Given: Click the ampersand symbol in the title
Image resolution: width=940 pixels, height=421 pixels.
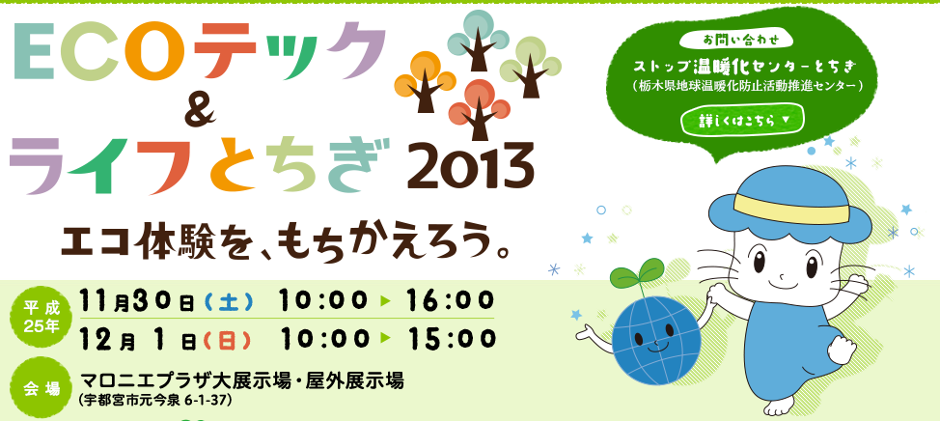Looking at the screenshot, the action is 201,113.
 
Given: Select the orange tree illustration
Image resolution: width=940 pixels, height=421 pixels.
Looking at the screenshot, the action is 425,81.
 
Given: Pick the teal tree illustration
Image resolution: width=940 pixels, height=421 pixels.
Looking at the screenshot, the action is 478,41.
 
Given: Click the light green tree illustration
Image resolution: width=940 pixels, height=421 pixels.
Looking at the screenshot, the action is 530,67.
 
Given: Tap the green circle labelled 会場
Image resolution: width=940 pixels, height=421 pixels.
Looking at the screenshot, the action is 41,387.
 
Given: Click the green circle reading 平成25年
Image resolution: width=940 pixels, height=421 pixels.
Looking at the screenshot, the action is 41,318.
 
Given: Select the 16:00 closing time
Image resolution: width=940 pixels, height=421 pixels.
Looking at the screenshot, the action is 451,300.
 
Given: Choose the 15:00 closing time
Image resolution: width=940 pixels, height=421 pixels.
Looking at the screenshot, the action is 451,339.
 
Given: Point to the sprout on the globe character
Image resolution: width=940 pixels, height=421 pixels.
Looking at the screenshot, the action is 637,278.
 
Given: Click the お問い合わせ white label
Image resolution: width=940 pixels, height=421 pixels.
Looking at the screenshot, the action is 741,41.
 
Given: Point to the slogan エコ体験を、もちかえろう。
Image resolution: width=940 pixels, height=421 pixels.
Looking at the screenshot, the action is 286,241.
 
